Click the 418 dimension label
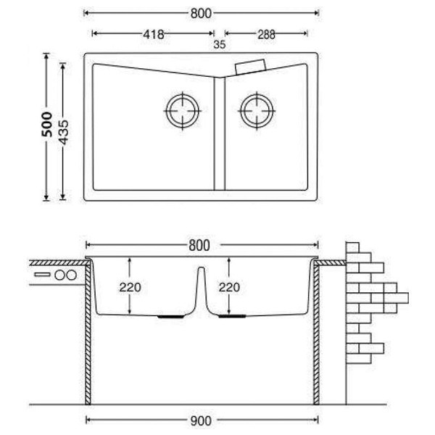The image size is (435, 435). [154, 34]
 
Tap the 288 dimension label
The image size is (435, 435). [266, 35]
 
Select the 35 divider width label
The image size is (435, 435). [220, 45]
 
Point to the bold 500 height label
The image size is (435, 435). [47, 124]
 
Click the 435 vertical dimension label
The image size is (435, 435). [64, 133]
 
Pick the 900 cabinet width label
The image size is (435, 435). [201, 421]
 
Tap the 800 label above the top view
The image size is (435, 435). [201, 14]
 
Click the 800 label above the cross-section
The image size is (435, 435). [199, 246]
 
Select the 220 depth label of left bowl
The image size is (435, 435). [130, 287]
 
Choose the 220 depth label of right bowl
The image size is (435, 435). [229, 287]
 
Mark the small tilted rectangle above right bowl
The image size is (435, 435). [251, 67]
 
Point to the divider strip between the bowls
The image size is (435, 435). [220, 133]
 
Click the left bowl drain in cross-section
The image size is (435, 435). [170, 316]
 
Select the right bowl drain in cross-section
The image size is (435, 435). [232, 316]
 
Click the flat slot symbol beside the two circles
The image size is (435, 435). [42, 275]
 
